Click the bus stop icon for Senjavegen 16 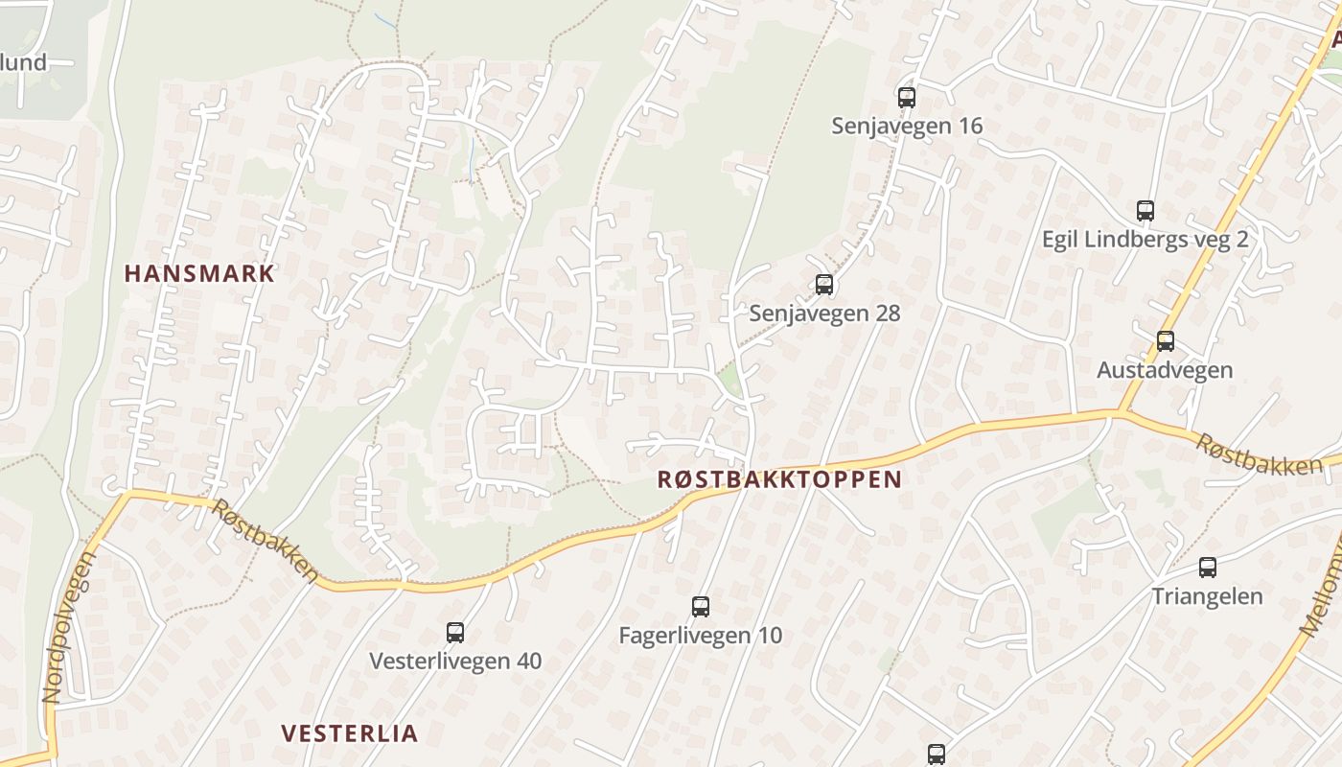[x=907, y=97]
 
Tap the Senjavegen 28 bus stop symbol [x=824, y=284]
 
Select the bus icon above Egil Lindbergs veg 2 [x=1145, y=210]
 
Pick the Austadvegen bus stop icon [x=1166, y=340]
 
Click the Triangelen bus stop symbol [x=1208, y=567]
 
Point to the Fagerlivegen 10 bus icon [x=701, y=606]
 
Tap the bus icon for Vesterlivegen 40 [x=455, y=632]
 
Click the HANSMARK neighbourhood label [x=199, y=273]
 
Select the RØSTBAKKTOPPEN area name [x=779, y=479]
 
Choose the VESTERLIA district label [x=350, y=733]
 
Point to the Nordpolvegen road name [x=67, y=628]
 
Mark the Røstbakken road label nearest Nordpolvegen [x=266, y=542]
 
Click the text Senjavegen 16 [x=907, y=126]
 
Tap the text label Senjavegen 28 [x=824, y=313]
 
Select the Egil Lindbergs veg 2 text [x=1145, y=239]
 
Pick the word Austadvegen [x=1165, y=369]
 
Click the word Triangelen [x=1207, y=595]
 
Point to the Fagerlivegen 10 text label [x=701, y=635]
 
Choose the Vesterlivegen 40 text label [x=455, y=661]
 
